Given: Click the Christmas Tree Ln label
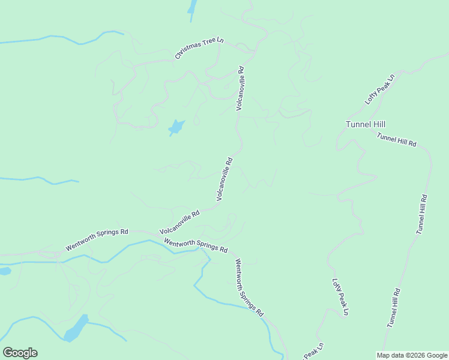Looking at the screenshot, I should tap(199, 48).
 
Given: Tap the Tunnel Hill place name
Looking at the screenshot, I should tap(365, 124).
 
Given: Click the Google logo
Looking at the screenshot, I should tap(20, 353).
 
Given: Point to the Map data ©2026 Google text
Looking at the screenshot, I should tap(411, 355).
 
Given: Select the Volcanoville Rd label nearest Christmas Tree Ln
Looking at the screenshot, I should tap(241, 88).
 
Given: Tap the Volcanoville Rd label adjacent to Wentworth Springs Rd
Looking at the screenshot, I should tap(179, 223).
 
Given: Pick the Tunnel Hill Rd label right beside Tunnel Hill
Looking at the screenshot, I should tap(396, 140).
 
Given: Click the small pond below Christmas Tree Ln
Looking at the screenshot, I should tap(176, 127).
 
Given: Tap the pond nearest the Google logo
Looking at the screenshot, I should tap(76, 328).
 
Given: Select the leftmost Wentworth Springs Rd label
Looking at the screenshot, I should tap(97, 239).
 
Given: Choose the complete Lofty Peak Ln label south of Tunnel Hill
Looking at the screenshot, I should tap(340, 297).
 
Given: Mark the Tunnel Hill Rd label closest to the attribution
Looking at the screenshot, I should tap(394, 307).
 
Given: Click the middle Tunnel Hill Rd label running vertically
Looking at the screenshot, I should tap(421, 214).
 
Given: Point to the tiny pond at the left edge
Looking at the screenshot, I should tap(4, 271).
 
